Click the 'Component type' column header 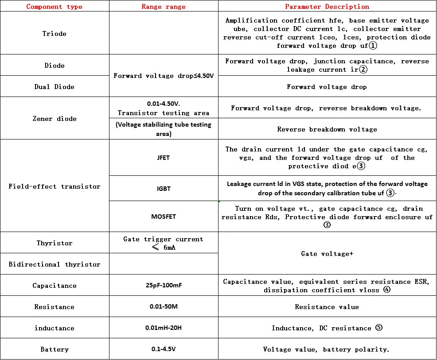coord(55,7)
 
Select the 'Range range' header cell coord(164,7)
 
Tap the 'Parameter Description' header coord(327,7)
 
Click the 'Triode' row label coord(55,34)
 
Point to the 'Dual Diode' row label coord(55,87)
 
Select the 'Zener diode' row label coord(55,119)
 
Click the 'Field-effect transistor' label coord(55,186)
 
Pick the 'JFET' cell coord(164,158)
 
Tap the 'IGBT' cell coord(164,189)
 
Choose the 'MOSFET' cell coord(164,217)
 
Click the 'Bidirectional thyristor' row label coord(55,264)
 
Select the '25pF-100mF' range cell coord(164,285)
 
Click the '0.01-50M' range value coord(164,306)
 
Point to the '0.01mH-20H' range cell coord(164,328)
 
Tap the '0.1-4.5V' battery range coord(164,349)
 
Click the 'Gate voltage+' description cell coord(327,254)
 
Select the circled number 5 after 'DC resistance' coord(378,328)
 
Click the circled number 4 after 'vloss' coord(387,290)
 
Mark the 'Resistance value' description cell coord(327,307)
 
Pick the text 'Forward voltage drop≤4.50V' coord(164,76)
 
